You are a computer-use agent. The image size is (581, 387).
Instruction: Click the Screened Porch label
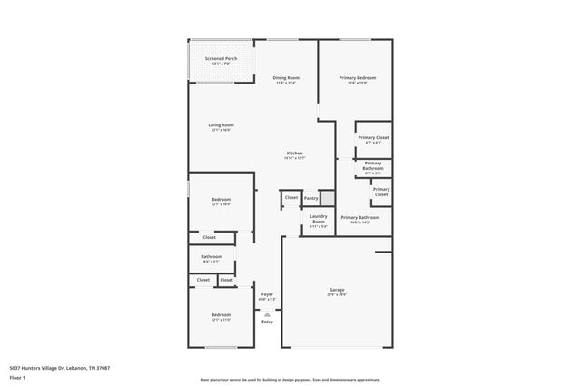[222, 60]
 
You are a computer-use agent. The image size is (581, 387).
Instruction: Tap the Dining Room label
[287, 78]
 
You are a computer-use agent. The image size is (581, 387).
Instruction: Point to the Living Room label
[222, 125]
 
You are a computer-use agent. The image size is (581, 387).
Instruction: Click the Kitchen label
[295, 154]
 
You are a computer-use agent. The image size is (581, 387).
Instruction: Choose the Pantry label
[311, 197]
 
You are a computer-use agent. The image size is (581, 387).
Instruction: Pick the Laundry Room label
[319, 219]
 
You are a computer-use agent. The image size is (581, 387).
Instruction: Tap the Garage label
[337, 291]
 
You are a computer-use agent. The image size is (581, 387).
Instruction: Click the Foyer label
[267, 294]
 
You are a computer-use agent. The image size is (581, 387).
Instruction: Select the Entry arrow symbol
[267, 313]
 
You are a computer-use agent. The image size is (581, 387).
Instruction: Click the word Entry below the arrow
[267, 322]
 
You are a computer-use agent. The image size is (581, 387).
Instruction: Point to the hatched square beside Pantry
[328, 197]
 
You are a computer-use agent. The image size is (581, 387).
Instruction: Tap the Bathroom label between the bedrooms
[212, 257]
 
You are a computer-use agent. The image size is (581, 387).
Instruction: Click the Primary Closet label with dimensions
[373, 138]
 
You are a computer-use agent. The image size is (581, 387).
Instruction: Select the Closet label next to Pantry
[290, 197]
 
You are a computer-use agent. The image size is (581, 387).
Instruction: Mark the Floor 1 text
[17, 376]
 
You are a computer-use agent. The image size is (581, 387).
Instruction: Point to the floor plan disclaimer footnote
[290, 379]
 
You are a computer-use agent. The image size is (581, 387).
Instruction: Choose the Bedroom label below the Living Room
[222, 200]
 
